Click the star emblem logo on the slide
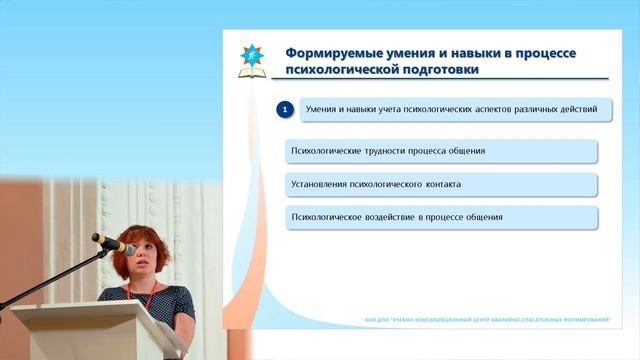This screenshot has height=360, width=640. coord(251,60)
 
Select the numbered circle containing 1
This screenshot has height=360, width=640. coord(284,109)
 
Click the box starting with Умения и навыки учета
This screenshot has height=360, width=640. coord(455,109)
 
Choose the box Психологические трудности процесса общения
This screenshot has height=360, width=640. coord(441,151)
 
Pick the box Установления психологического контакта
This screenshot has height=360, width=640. coord(441,184)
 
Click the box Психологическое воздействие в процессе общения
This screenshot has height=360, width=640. coord(441,217)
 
